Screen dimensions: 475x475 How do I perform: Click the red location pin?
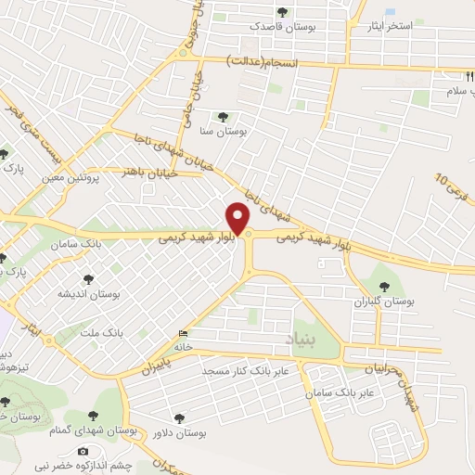pos(238,219)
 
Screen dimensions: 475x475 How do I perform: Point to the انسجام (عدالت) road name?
pos(265,60)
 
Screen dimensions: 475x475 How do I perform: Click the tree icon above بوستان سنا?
pos(223,117)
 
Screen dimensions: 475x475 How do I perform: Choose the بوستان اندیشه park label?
pos(90,293)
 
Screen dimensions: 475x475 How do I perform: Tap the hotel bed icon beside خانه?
pos(182,334)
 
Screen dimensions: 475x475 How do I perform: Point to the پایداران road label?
pos(158,358)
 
